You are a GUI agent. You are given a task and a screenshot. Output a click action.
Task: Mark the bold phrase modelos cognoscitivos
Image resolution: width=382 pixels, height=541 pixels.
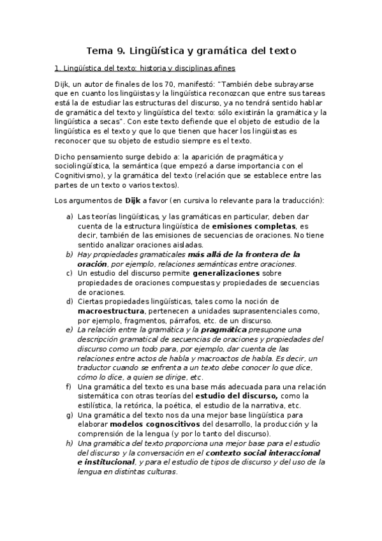coord(155,424)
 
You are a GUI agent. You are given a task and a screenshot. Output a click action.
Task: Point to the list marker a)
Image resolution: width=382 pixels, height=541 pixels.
coord(69,217)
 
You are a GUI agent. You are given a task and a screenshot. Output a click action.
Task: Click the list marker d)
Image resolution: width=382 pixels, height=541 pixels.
coord(69,301)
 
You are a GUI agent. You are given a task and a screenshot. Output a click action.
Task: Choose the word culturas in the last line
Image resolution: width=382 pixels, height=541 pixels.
coord(160,472)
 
